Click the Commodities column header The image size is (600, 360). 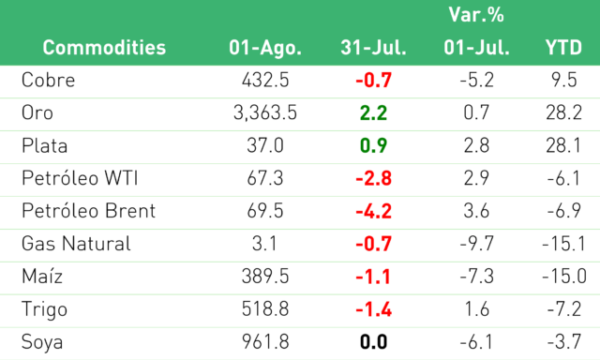[x=104, y=48]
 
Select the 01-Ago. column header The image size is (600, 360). [x=265, y=49]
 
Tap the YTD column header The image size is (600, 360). [x=563, y=48]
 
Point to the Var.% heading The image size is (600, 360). [x=476, y=15]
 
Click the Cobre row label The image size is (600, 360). [x=48, y=80]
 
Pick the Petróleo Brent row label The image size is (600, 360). [x=88, y=211]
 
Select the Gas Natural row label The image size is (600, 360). [x=76, y=244]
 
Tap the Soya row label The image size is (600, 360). [x=42, y=342]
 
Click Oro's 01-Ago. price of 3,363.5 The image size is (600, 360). [x=265, y=113]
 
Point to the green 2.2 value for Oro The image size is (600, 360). [x=373, y=113]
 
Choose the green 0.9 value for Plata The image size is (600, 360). [x=373, y=145]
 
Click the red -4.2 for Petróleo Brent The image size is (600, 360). [x=373, y=211]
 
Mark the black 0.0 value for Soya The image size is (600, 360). [x=373, y=342]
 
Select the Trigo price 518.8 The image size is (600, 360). [x=265, y=309]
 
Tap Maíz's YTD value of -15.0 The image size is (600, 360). [x=564, y=277]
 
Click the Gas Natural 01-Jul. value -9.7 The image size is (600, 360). [x=476, y=244]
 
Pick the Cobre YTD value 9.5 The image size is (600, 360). [x=564, y=80]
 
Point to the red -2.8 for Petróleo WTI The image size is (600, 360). [x=373, y=178]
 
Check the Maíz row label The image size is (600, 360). [x=42, y=277]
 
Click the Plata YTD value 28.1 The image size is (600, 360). [x=564, y=145]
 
